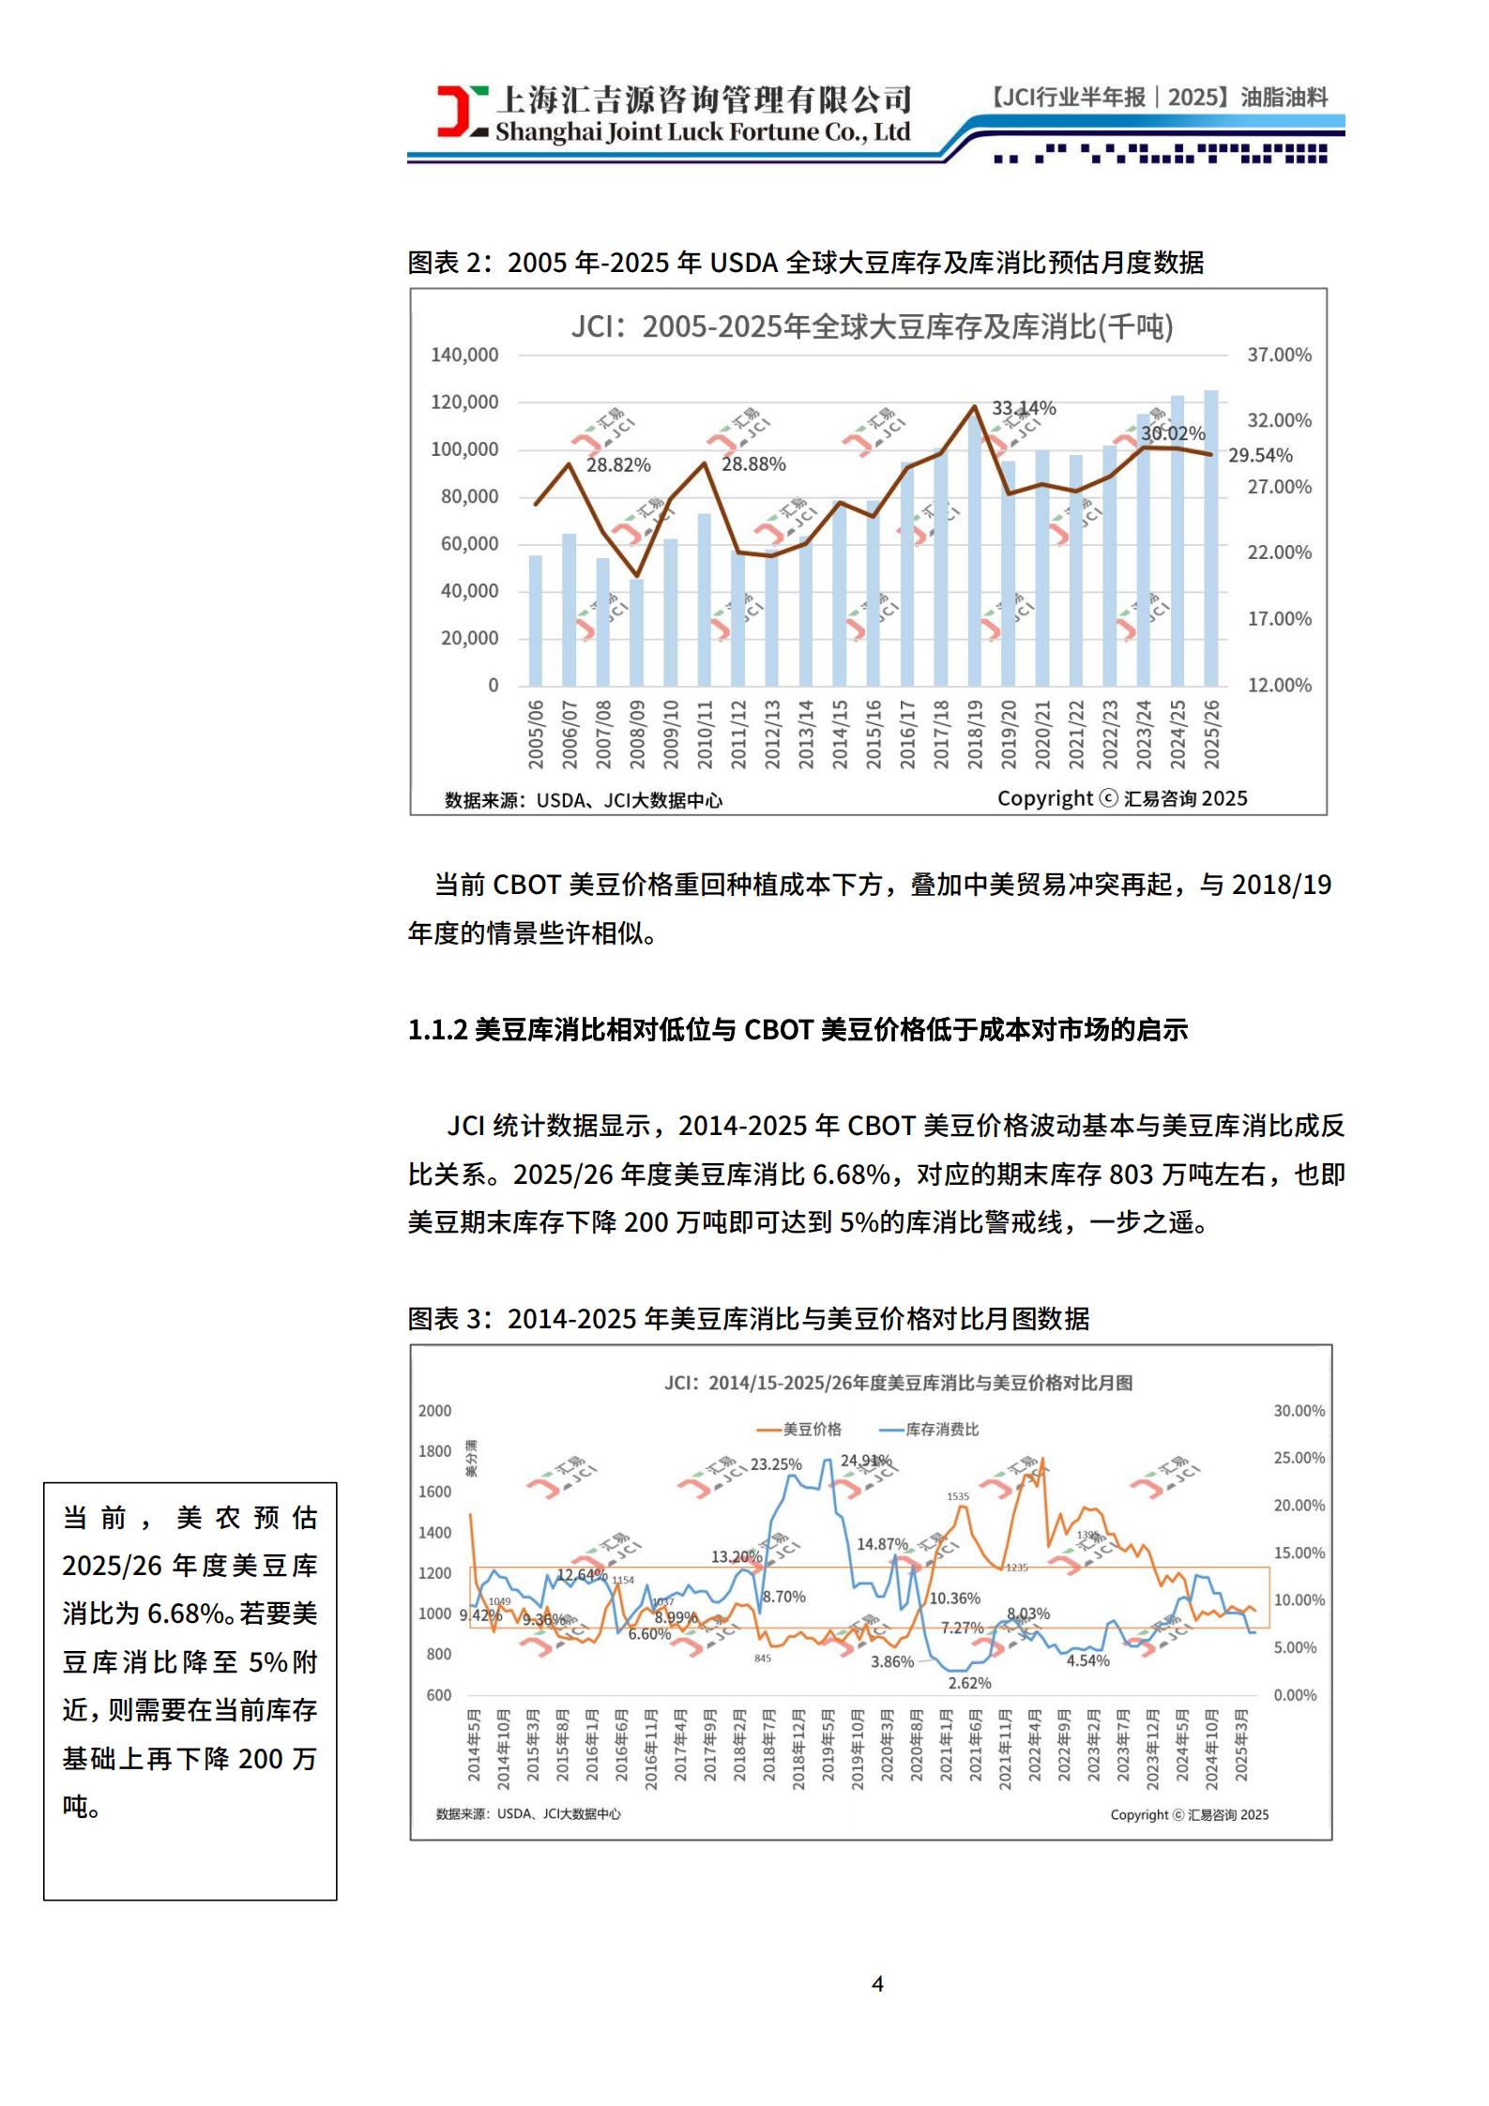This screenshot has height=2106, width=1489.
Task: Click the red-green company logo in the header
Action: click(462, 111)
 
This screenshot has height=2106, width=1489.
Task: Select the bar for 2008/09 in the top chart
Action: click(636, 631)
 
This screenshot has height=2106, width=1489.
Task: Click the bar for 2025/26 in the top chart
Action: click(1211, 538)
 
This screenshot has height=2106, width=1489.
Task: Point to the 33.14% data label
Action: click(1024, 408)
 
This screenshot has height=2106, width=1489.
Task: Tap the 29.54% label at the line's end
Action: click(1260, 456)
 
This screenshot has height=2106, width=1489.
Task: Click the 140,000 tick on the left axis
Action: click(464, 356)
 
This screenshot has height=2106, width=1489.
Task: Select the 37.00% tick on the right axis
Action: click(1279, 356)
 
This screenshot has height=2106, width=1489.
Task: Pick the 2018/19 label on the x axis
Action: click(975, 735)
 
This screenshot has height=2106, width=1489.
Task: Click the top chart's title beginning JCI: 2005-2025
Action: click(872, 326)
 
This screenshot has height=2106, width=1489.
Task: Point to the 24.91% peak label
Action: click(865, 1461)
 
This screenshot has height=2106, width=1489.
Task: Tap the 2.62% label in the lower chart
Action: click(969, 1683)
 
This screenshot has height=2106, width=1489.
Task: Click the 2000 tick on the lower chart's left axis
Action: click(434, 1411)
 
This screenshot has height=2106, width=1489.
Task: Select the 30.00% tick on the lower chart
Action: click(1299, 1411)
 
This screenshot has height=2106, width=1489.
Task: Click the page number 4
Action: click(877, 1983)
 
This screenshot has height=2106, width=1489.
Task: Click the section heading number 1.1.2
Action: click(437, 1030)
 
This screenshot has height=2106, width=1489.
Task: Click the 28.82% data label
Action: click(618, 465)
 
